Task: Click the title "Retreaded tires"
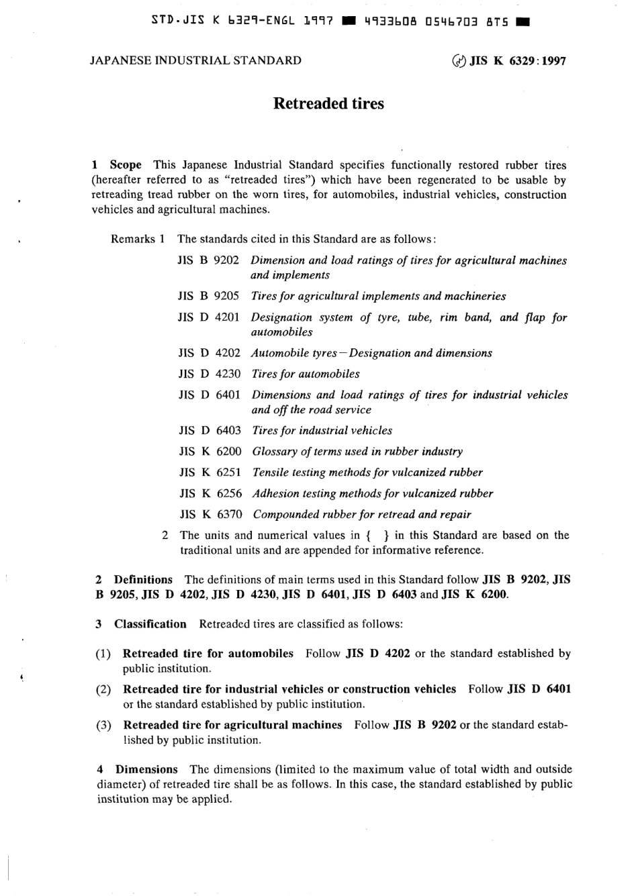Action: click(x=328, y=103)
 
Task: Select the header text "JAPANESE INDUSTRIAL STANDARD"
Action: click(x=195, y=60)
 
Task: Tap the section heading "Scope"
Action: click(x=126, y=164)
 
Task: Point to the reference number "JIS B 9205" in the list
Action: click(x=208, y=296)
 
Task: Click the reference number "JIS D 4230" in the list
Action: click(x=209, y=374)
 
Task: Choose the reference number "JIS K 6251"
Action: click(x=210, y=472)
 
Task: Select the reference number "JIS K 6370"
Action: click(x=211, y=515)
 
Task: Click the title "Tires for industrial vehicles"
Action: click(x=322, y=430)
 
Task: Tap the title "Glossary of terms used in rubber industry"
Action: click(x=357, y=452)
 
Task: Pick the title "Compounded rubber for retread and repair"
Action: click(x=362, y=515)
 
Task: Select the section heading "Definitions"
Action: click(x=143, y=579)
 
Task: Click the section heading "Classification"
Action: click(x=150, y=624)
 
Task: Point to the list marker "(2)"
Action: click(x=103, y=689)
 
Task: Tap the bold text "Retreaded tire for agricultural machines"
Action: click(x=232, y=725)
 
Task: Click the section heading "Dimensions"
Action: click(x=146, y=769)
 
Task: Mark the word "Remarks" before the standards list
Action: click(x=132, y=239)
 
